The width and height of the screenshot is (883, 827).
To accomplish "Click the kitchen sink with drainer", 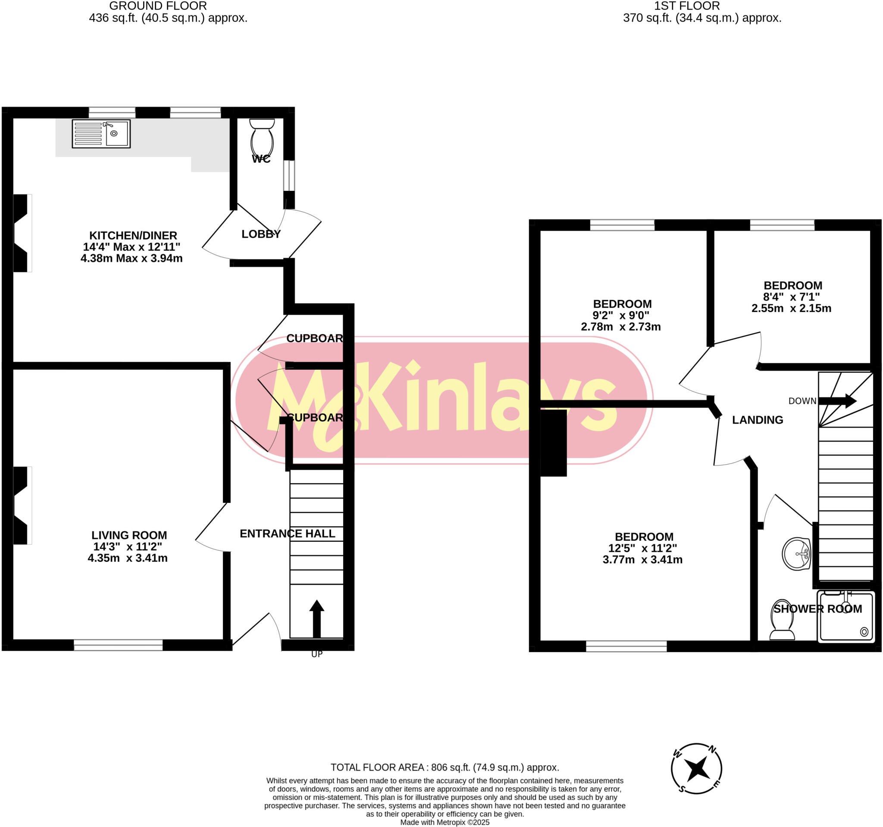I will (x=101, y=134).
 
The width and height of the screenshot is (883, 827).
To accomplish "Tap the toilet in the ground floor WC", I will (x=262, y=138).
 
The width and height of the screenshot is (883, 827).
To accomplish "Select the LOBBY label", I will (x=261, y=234).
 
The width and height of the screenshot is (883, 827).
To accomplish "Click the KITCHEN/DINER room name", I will (x=133, y=235).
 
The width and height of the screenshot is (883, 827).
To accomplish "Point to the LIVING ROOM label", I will (x=129, y=535).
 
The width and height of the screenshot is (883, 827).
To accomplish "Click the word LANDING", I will (x=757, y=420).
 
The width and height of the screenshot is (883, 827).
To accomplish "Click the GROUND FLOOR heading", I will (x=158, y=6).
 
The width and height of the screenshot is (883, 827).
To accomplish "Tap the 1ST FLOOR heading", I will (x=687, y=6).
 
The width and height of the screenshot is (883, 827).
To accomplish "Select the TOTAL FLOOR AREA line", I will (x=445, y=768).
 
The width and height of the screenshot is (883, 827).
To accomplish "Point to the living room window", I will (x=118, y=645).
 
